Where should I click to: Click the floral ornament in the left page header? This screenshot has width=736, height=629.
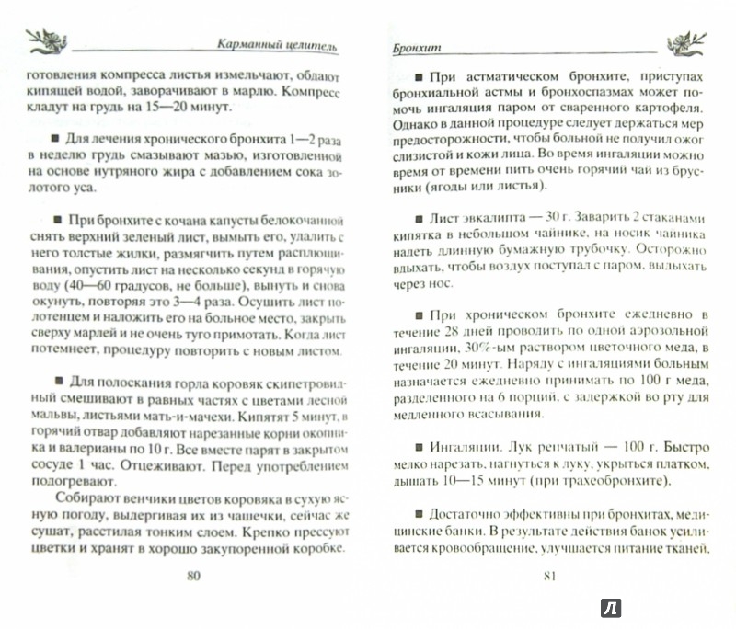click(x=44, y=40)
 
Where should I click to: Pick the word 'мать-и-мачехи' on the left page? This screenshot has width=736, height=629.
click(x=156, y=417)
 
